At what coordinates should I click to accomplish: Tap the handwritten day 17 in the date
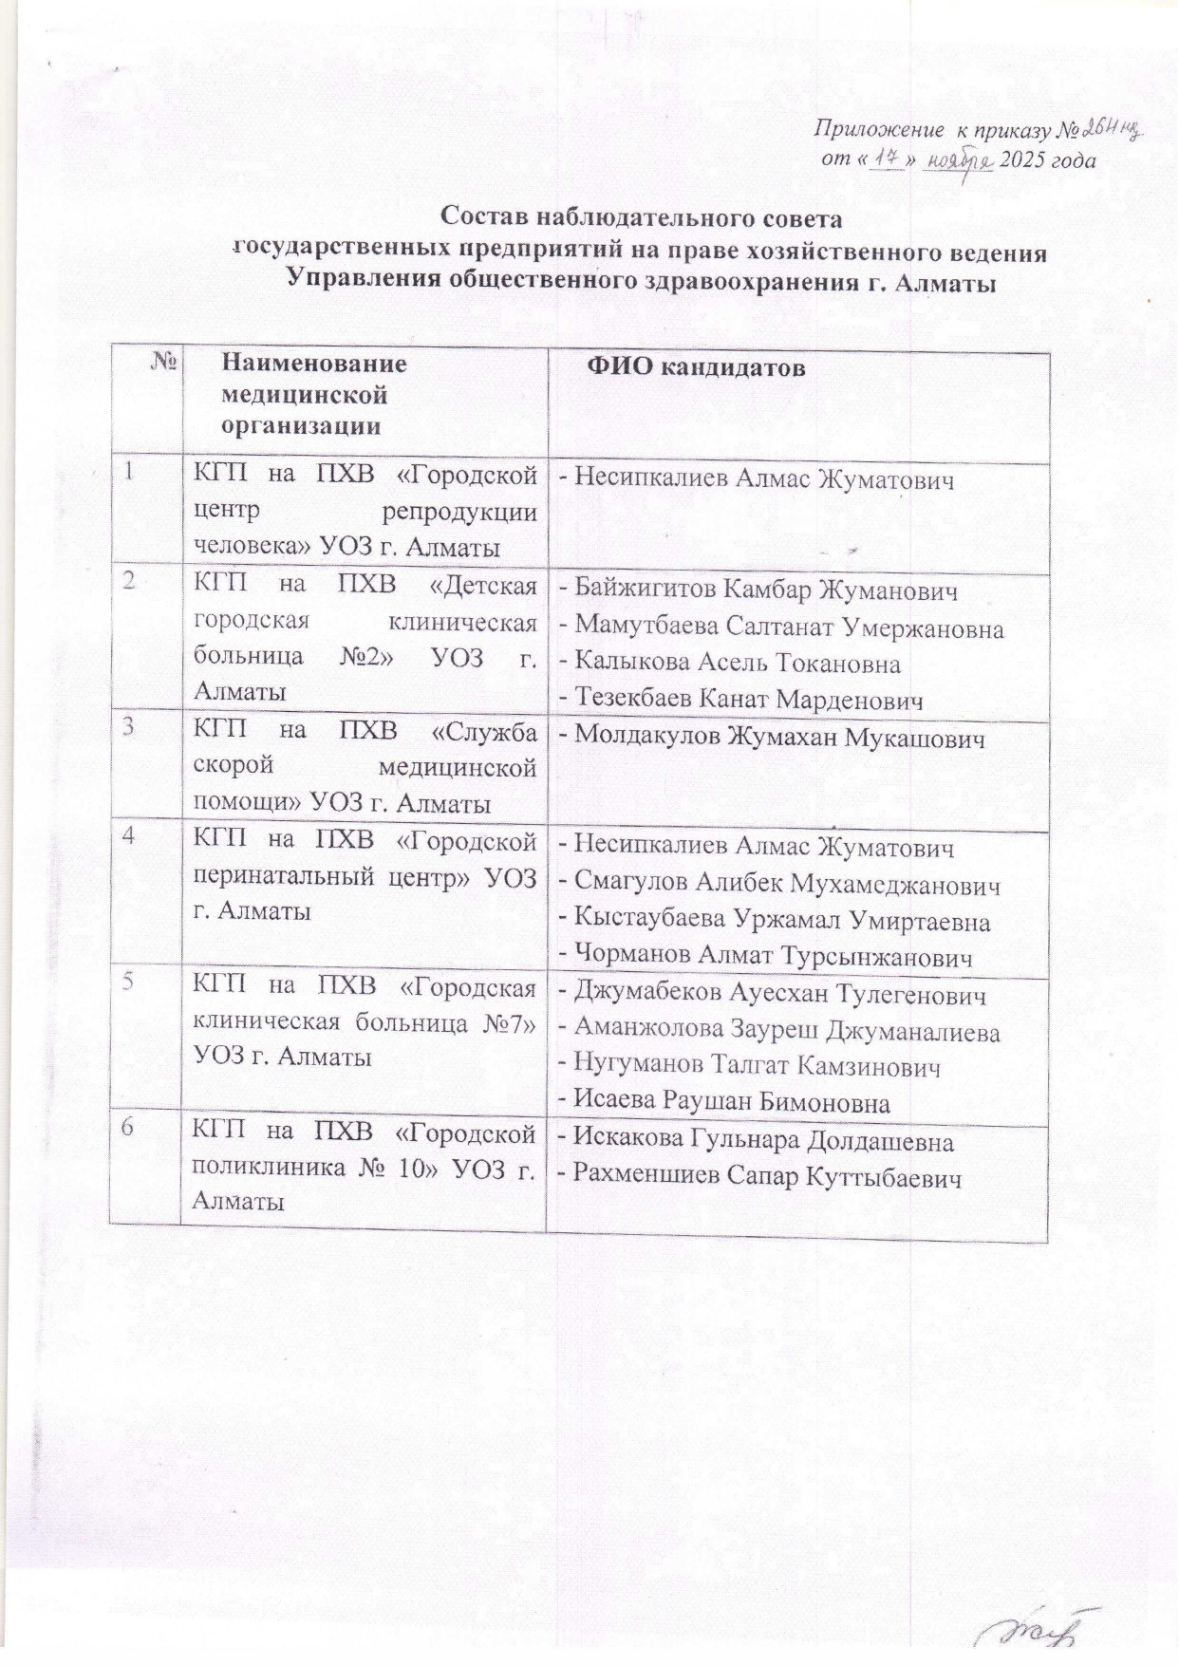[886, 160]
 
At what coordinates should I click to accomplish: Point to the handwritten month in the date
[959, 161]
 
